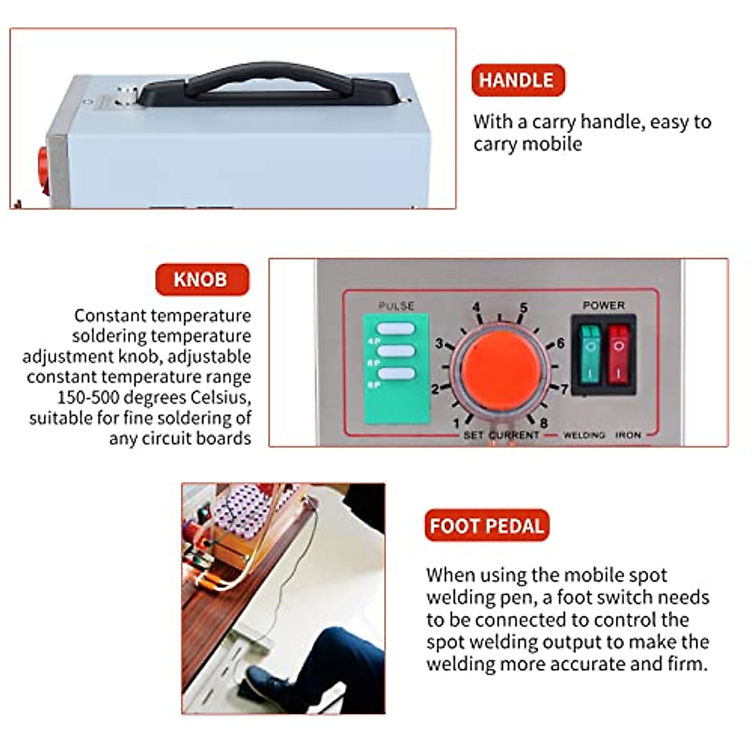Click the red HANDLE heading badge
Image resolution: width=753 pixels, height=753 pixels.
click(518, 80)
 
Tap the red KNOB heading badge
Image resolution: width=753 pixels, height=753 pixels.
click(201, 279)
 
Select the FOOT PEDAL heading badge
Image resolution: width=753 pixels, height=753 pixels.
click(486, 525)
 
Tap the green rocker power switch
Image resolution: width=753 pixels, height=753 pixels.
click(588, 353)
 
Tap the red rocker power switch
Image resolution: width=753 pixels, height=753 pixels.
click(619, 353)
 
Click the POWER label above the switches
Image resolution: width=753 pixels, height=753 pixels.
click(604, 306)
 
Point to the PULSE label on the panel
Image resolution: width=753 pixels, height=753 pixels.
click(396, 306)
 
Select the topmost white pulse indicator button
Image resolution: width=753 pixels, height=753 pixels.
click(396, 329)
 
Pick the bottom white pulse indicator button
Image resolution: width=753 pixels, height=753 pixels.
click(396, 373)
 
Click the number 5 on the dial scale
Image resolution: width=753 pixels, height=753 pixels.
click(523, 308)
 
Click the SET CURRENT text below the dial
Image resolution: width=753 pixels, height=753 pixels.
click(501, 435)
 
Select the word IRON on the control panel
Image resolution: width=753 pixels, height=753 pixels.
click(627, 435)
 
